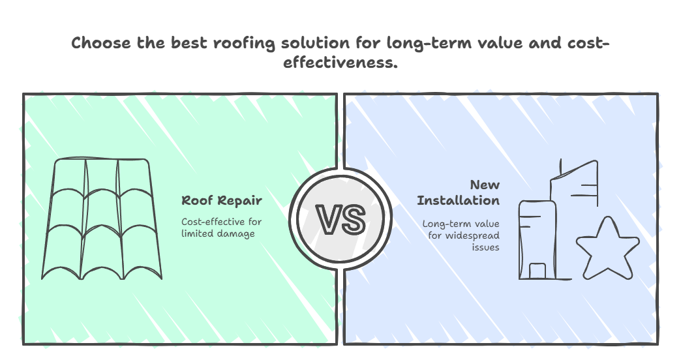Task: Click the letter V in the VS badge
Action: (328, 219)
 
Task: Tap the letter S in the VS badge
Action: (352, 219)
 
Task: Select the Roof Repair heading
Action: (221, 200)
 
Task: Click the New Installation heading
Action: (459, 192)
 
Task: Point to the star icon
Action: (607, 248)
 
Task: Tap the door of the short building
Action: (537, 271)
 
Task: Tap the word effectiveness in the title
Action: (340, 64)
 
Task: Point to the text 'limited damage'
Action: (217, 233)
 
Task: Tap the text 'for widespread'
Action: (464, 235)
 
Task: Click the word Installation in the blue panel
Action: (459, 200)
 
